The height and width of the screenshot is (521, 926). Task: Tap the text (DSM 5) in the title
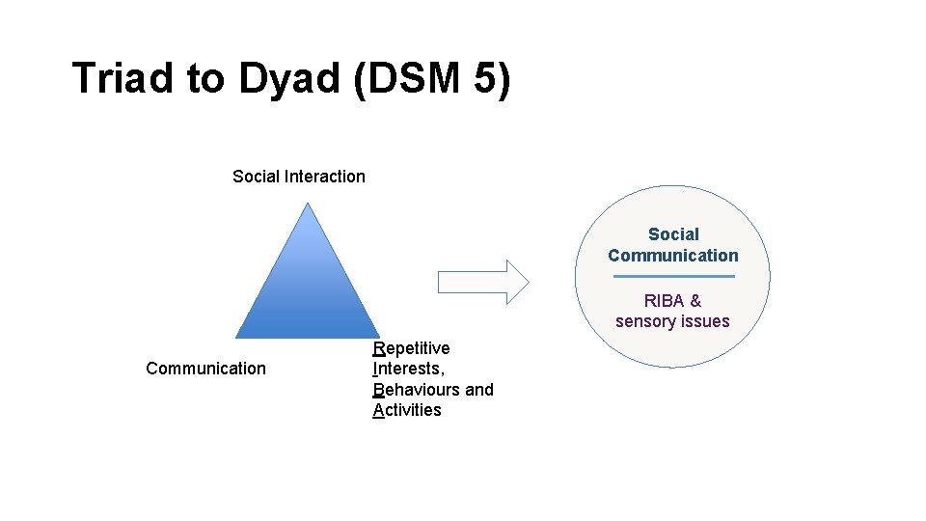431,78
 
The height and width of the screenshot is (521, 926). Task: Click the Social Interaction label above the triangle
299,177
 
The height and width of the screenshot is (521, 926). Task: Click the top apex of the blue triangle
308,204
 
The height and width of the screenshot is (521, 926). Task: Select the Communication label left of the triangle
205,368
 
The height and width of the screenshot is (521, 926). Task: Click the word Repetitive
411,347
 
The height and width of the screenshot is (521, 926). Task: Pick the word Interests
408,369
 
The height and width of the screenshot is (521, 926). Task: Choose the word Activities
407,410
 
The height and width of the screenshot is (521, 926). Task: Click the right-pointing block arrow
483,282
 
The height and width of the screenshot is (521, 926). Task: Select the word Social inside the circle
673,234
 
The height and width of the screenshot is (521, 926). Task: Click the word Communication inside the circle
673,256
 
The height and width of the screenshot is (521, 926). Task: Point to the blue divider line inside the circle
673,277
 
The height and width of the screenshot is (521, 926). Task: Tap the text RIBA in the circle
664,301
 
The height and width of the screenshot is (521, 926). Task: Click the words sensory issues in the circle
673,321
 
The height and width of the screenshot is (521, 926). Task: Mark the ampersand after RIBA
695,301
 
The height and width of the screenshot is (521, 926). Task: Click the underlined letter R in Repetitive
379,347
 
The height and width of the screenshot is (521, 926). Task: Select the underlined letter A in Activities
378,410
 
